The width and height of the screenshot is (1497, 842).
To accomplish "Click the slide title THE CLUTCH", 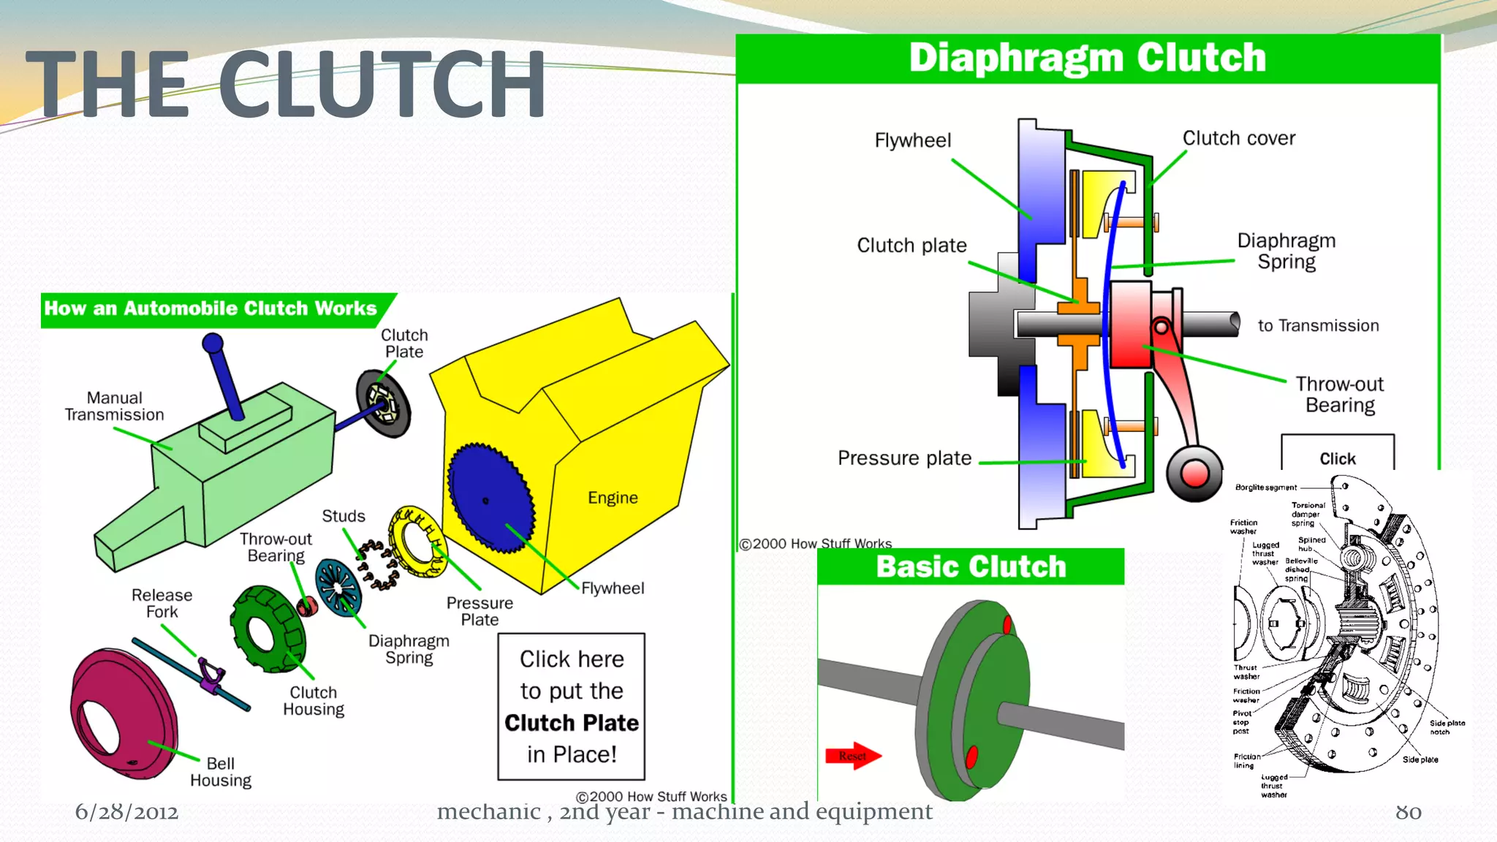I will (285, 84).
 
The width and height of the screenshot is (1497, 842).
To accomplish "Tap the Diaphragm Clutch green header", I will (1087, 58).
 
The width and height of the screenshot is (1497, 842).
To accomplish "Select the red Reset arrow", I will (852, 756).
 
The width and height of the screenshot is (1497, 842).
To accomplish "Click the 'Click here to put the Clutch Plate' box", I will (572, 706).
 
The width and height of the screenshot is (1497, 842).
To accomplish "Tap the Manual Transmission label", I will (114, 406).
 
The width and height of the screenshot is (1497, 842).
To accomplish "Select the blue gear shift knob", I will (213, 343).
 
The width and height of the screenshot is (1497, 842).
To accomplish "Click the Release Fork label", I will (162, 603).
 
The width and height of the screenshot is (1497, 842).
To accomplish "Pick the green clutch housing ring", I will (267, 629).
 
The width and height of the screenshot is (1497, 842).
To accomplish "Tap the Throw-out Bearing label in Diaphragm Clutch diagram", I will (1339, 395).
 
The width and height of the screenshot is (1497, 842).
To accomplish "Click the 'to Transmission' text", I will (1318, 326).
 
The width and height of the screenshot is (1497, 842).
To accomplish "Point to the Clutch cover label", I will (1239, 138).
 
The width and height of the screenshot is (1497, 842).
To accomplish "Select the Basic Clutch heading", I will (971, 567).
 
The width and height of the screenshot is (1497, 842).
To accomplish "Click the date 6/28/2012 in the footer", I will (126, 812).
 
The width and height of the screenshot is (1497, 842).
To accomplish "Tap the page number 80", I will (1408, 812).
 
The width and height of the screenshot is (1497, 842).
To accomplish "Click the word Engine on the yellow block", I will (613, 498).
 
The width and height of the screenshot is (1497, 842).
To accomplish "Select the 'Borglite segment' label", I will (1266, 488).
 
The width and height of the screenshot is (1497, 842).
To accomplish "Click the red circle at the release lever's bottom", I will (1194, 474).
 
